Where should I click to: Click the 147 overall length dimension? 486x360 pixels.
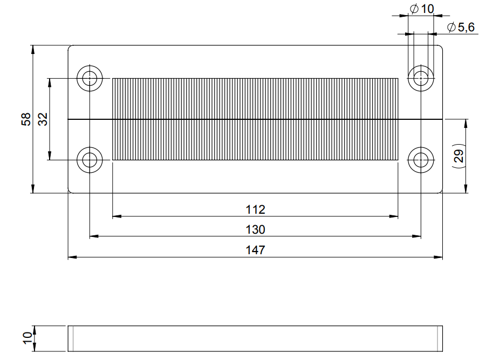[255, 250]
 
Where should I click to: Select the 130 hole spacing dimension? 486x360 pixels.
[255, 229]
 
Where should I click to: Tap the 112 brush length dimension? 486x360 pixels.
[255, 209]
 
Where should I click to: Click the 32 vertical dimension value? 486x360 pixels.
[43, 119]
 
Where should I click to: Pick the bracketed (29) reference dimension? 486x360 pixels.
[458, 157]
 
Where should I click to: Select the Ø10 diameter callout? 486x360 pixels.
[422, 9]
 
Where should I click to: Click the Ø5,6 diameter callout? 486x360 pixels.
[461, 28]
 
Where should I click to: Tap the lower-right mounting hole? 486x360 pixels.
[421, 160]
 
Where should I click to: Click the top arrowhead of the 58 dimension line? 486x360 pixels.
[33, 49]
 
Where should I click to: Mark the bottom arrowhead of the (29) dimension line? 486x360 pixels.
[466, 188]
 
